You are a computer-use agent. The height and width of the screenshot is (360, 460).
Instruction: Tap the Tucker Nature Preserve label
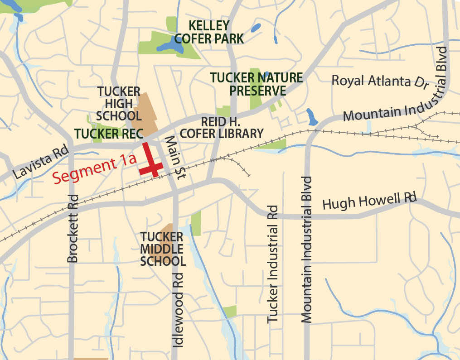pyautogui.click(x=257, y=84)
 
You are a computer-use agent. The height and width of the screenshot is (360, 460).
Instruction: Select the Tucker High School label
pyautogui.click(x=118, y=104)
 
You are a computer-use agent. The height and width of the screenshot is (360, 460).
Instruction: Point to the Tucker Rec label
pyautogui.click(x=109, y=134)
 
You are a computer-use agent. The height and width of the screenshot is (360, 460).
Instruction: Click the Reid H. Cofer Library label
pyautogui.click(x=222, y=128)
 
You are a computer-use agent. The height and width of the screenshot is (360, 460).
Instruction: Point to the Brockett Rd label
pyautogui.click(x=73, y=228)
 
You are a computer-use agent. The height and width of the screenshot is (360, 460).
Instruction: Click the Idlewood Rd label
pyautogui.click(x=179, y=310)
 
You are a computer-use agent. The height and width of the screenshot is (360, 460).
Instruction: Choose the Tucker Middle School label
pyautogui.click(x=162, y=249)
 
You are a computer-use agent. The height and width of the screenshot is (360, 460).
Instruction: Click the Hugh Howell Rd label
pyautogui.click(x=369, y=201)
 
